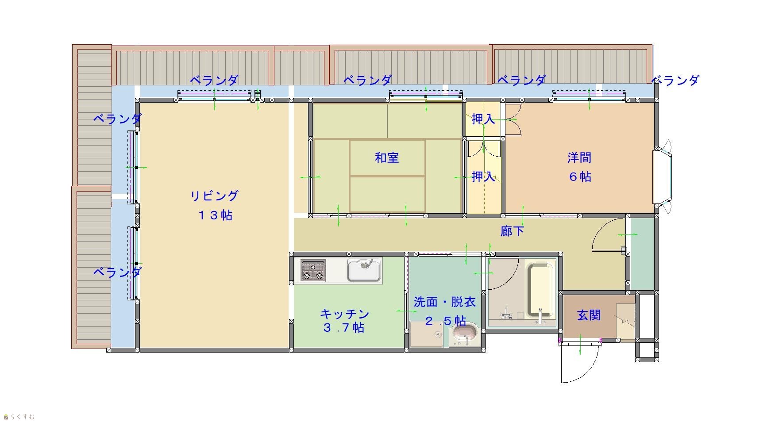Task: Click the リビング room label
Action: pos(214,196)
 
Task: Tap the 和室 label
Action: pos(387,157)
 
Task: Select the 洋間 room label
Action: pos(579,157)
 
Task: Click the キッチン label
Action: pos(344,314)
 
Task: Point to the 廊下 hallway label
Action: pos(512,231)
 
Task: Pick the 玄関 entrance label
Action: pos(589,315)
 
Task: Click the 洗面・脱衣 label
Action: pos(445,302)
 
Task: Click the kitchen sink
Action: pos(364,271)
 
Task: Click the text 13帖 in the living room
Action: pos(215,215)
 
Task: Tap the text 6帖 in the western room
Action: pos(580,177)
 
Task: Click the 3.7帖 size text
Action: pos(344,328)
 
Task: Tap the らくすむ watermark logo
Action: pos(19,416)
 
